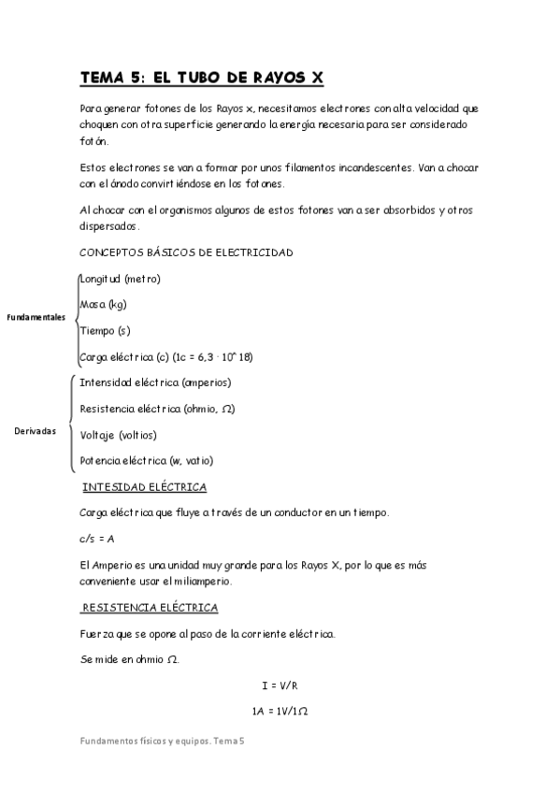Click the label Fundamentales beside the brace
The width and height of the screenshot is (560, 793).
(x=36, y=318)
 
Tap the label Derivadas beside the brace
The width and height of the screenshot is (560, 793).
(x=36, y=431)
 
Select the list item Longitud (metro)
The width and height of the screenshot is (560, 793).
(x=120, y=279)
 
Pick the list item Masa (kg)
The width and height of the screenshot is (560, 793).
(x=103, y=305)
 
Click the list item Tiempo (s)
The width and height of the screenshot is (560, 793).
(x=105, y=331)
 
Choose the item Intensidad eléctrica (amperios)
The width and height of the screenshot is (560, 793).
(x=155, y=382)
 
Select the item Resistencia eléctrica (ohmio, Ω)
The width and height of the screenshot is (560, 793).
(x=157, y=409)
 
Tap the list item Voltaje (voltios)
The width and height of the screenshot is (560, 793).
(x=118, y=435)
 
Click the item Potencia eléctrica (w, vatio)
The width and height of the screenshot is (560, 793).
(x=146, y=461)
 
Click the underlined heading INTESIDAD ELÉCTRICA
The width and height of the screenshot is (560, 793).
(x=145, y=488)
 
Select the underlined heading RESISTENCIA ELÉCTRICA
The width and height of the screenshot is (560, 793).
(x=151, y=609)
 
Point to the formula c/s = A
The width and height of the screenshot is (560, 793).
(x=97, y=540)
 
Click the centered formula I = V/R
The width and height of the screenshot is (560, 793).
(x=280, y=685)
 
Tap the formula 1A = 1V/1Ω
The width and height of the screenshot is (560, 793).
(x=280, y=712)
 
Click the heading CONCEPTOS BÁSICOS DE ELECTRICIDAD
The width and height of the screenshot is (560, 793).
(x=186, y=252)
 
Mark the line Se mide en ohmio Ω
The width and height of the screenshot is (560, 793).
(x=128, y=660)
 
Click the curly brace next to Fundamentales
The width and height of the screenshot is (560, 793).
(x=73, y=318)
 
